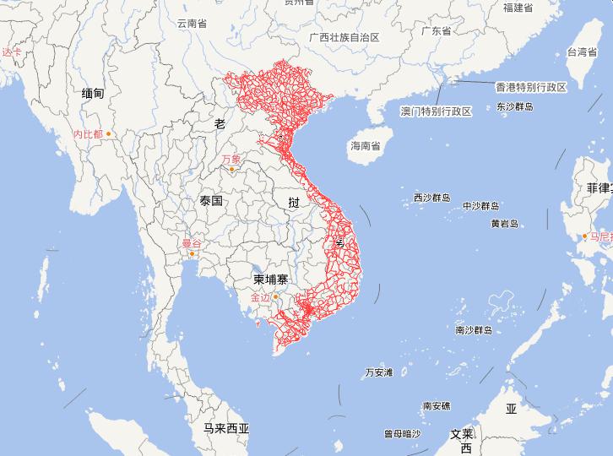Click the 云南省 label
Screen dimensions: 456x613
click(x=192, y=24)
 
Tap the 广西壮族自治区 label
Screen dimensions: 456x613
click(x=344, y=38)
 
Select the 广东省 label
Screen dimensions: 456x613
click(x=437, y=31)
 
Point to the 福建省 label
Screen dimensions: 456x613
click(x=518, y=8)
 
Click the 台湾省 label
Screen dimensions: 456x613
click(x=582, y=52)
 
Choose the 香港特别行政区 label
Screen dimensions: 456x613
click(x=530, y=87)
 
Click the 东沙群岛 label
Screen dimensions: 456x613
click(x=516, y=107)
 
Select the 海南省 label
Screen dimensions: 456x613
click(x=366, y=146)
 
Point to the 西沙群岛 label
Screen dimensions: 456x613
click(x=431, y=198)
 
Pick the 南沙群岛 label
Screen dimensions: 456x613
click(x=473, y=329)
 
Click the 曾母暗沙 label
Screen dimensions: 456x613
click(x=402, y=433)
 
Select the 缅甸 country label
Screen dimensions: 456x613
click(x=93, y=94)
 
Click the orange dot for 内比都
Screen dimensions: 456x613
click(x=108, y=133)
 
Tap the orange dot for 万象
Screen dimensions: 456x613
click(x=231, y=169)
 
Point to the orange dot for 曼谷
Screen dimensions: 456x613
click(x=193, y=253)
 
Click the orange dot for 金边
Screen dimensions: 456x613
click(x=274, y=296)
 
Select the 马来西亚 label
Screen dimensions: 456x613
click(x=226, y=428)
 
